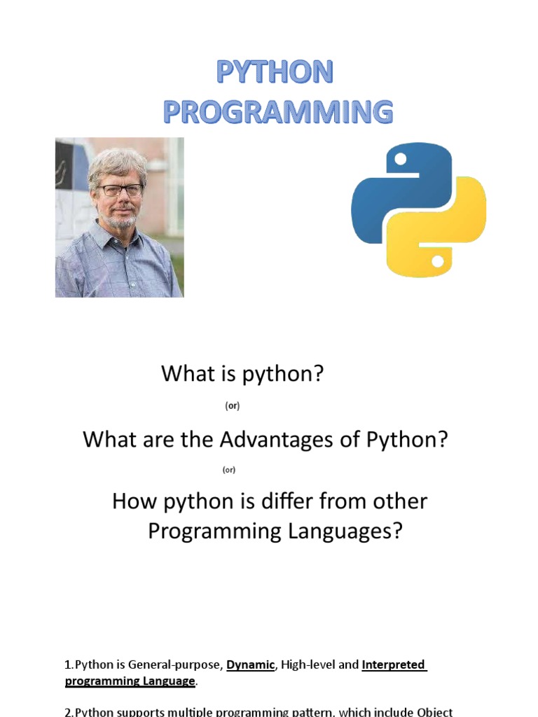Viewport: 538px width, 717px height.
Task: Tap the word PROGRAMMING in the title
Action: [278, 113]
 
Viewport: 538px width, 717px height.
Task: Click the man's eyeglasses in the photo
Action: [120, 190]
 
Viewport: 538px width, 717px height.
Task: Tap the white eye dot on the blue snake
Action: [400, 160]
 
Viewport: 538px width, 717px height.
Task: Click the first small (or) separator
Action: [233, 406]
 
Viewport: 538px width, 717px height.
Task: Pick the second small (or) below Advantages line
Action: [229, 470]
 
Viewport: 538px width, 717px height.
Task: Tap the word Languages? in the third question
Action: [345, 531]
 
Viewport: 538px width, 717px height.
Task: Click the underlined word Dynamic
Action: [251, 665]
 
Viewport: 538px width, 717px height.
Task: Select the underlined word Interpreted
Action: [394, 665]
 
